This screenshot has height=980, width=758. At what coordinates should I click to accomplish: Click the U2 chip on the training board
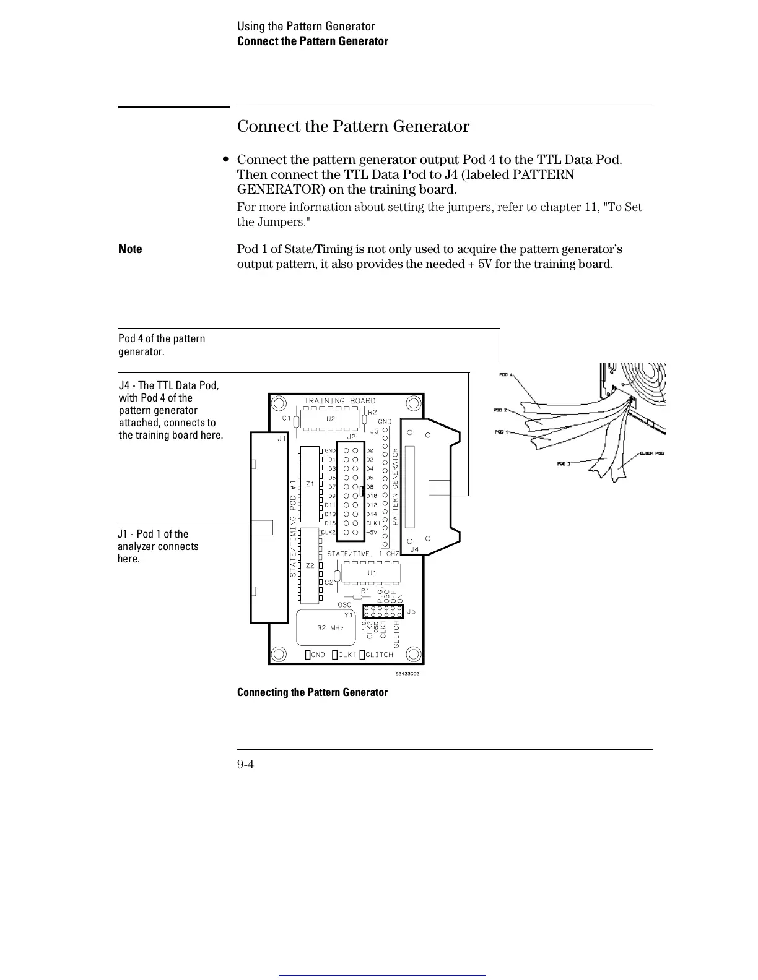pos(331,419)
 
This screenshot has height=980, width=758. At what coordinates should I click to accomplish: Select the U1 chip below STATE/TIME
pos(372,573)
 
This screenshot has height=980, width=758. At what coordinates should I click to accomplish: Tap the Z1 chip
pos(310,484)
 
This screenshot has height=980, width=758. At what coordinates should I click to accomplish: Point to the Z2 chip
pos(310,565)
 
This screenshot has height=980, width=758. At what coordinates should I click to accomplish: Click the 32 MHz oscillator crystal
pos(329,628)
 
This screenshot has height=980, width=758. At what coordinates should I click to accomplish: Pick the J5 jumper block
pos(383,611)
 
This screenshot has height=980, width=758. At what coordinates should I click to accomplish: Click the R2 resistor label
pos(372,412)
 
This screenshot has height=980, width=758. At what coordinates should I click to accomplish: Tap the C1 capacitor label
pos(287,418)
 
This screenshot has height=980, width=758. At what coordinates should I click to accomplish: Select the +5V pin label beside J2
pos(372,532)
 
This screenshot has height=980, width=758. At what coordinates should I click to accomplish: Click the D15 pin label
pos(330,523)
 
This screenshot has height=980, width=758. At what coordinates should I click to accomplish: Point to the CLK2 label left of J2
pos(328,532)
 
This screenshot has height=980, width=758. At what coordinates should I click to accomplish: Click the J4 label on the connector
pos(414,549)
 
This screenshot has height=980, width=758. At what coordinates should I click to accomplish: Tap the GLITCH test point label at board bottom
pos(379,655)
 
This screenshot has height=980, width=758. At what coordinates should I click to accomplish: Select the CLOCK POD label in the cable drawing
pos(651,453)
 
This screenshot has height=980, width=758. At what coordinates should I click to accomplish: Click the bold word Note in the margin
pos(130,249)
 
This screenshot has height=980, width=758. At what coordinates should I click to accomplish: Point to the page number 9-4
pos(245,765)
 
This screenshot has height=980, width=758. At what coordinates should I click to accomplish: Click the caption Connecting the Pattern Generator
pos(312,692)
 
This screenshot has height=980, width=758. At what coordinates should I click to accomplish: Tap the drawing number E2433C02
pos(407,673)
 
